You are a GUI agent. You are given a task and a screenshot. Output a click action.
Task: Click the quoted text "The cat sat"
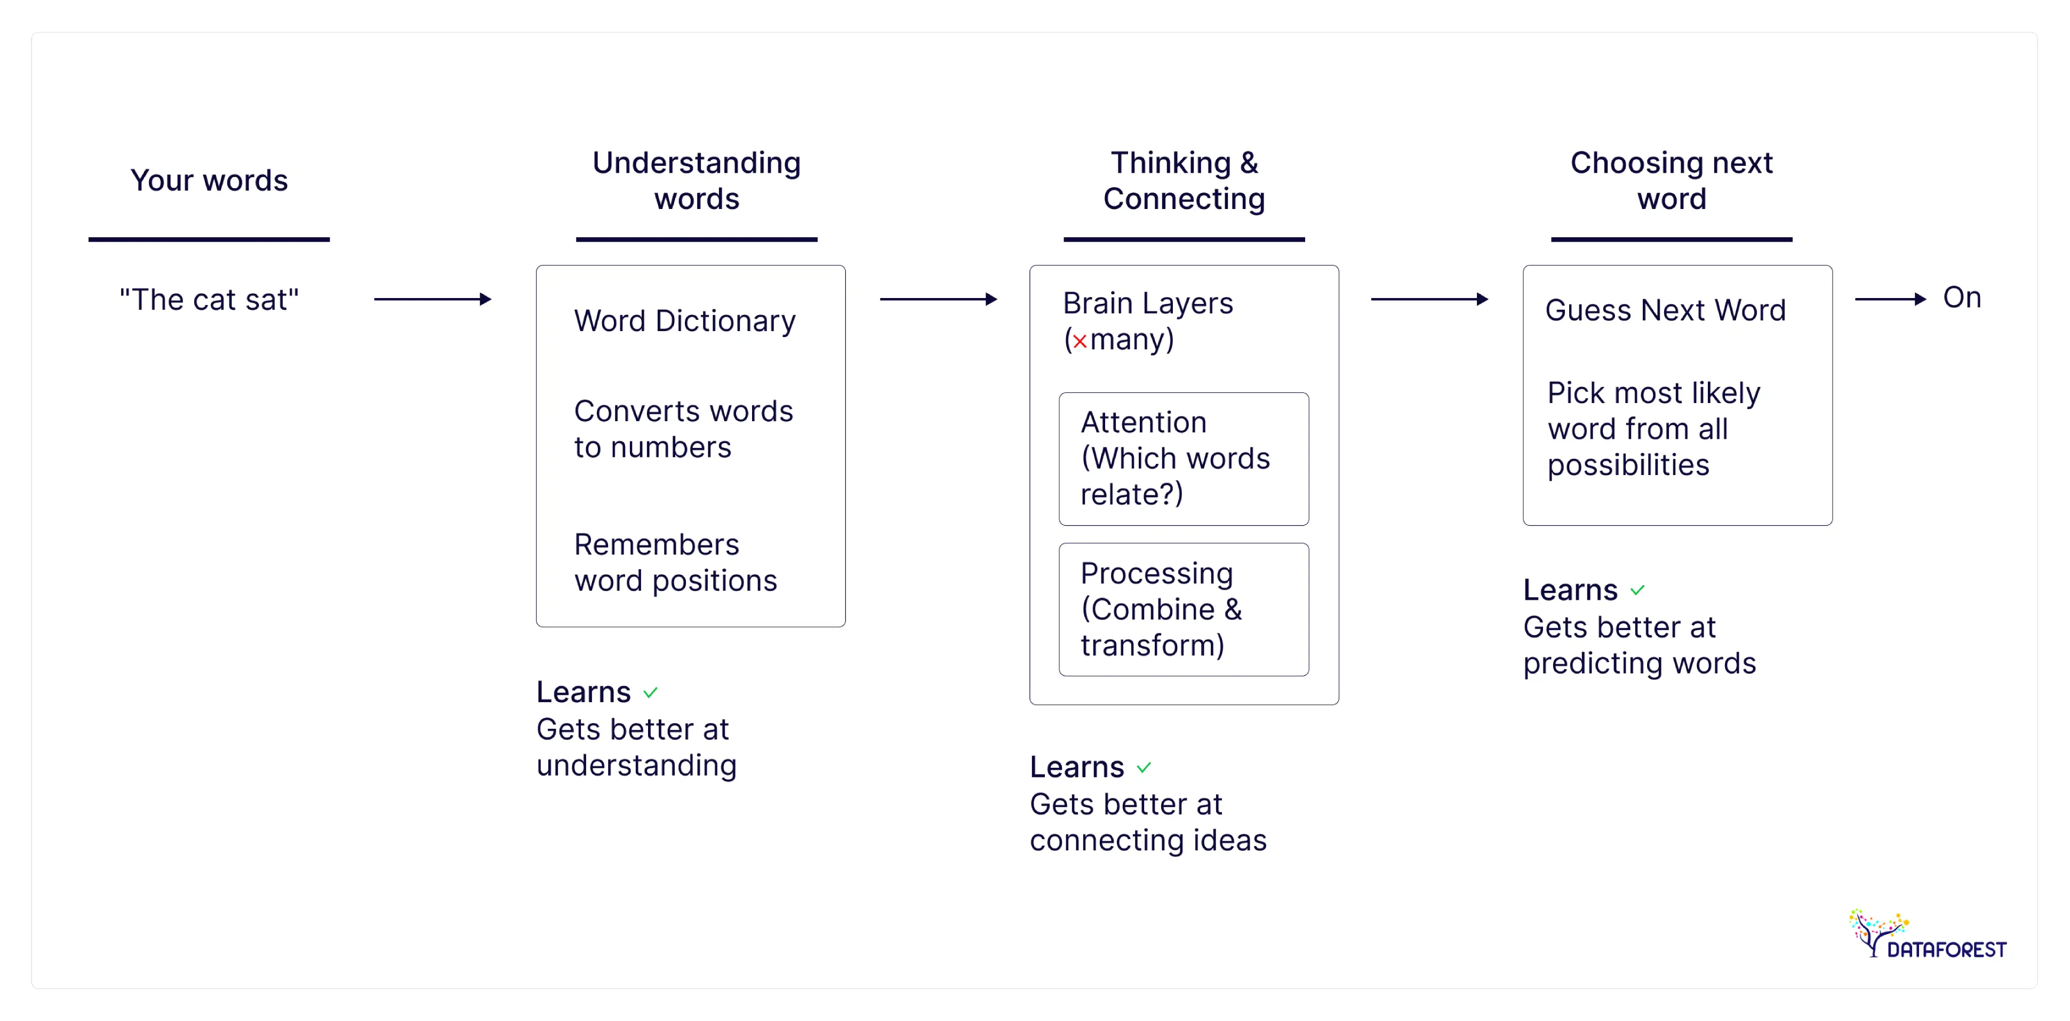209,300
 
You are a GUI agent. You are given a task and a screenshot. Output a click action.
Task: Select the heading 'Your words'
209,180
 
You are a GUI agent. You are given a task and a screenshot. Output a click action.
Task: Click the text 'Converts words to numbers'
683,429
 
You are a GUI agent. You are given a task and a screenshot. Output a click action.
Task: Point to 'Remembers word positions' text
675,562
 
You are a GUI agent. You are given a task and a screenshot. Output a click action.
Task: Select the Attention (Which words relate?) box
1183,459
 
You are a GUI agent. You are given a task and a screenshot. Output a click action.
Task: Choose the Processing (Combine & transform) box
1183,609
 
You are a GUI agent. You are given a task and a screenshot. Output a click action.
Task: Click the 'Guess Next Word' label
1665,310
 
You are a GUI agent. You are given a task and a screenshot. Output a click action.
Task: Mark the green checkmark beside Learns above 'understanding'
650,693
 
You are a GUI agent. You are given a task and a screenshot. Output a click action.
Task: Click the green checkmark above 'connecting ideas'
1144,768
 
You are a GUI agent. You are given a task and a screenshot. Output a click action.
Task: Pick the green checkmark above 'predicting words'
1637,590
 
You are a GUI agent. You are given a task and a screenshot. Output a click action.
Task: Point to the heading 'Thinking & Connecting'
1184,181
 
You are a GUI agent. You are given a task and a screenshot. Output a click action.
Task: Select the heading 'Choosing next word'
1672,181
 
